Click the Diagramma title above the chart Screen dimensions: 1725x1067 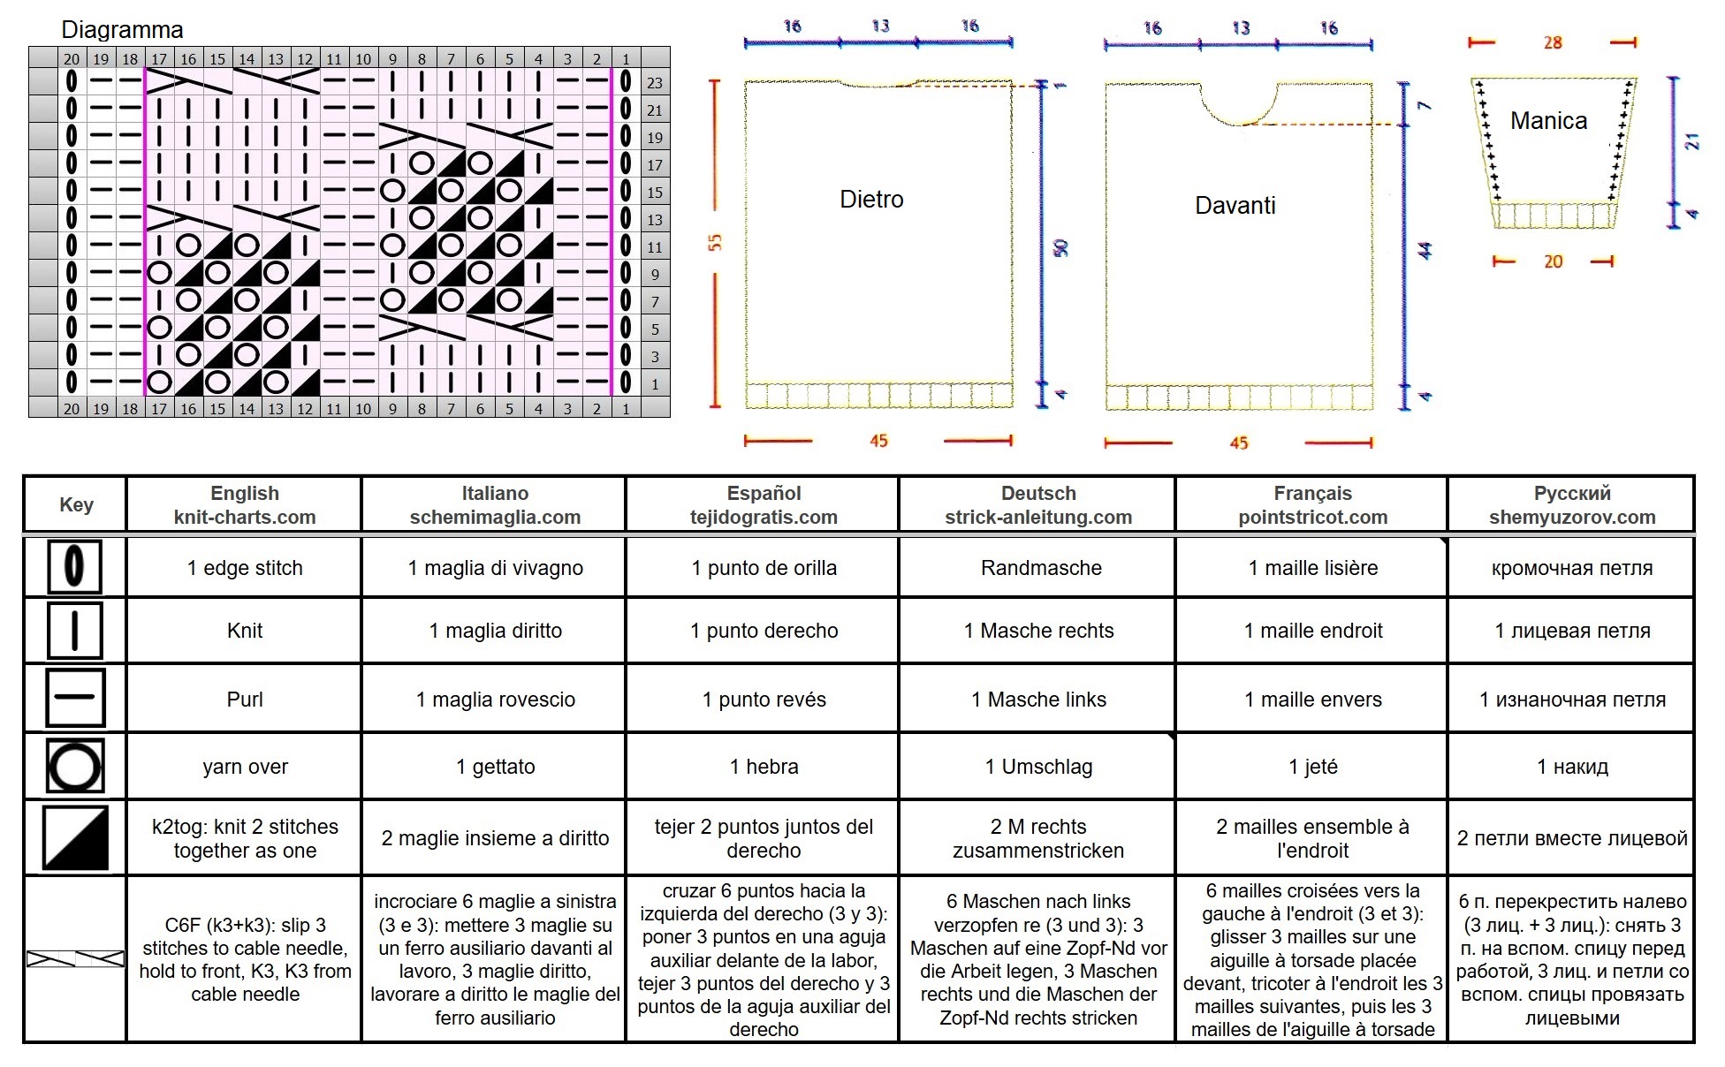click(122, 30)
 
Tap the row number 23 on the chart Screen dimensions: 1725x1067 click(655, 83)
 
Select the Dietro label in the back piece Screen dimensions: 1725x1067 click(871, 200)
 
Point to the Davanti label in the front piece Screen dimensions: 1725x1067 click(1235, 206)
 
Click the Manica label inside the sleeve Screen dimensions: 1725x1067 click(1548, 121)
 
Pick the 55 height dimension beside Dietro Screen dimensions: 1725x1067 click(715, 242)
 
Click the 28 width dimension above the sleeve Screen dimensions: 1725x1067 click(1553, 42)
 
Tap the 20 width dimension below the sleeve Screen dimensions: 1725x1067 click(1553, 261)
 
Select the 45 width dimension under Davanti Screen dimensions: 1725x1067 click(1239, 443)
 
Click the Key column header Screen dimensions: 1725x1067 click(76, 504)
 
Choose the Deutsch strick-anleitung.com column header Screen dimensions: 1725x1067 click(1038, 505)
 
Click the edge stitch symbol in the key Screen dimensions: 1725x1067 click(75, 566)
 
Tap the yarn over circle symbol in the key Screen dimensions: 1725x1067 click(75, 766)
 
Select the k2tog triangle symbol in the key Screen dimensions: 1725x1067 click(76, 837)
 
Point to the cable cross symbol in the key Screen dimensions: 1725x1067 click(76, 958)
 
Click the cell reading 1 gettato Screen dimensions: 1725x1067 click(495, 767)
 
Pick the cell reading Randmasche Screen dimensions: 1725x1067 click(1041, 568)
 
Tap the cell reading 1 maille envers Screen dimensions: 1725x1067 click(1313, 700)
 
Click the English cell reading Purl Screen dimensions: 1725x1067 click(245, 700)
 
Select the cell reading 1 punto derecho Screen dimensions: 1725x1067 click(764, 631)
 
